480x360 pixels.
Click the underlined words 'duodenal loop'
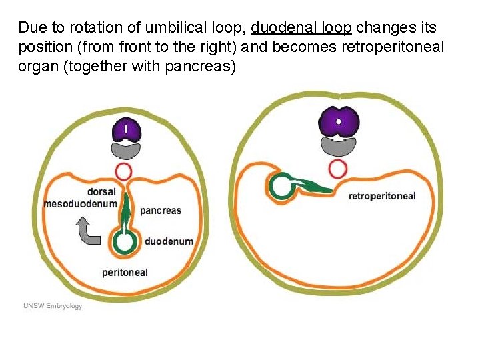301,28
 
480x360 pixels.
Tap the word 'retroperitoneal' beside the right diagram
382,196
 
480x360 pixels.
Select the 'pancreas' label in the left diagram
161,211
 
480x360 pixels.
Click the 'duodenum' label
169,241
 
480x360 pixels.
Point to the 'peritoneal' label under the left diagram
125,272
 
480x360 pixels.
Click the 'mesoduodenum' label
80,203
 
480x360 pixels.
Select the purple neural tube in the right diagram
339,122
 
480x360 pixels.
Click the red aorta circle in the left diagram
125,171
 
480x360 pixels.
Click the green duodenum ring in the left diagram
124,242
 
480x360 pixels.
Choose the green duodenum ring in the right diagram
281,187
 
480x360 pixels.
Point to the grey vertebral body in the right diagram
339,146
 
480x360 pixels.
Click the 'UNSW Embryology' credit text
53,306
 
